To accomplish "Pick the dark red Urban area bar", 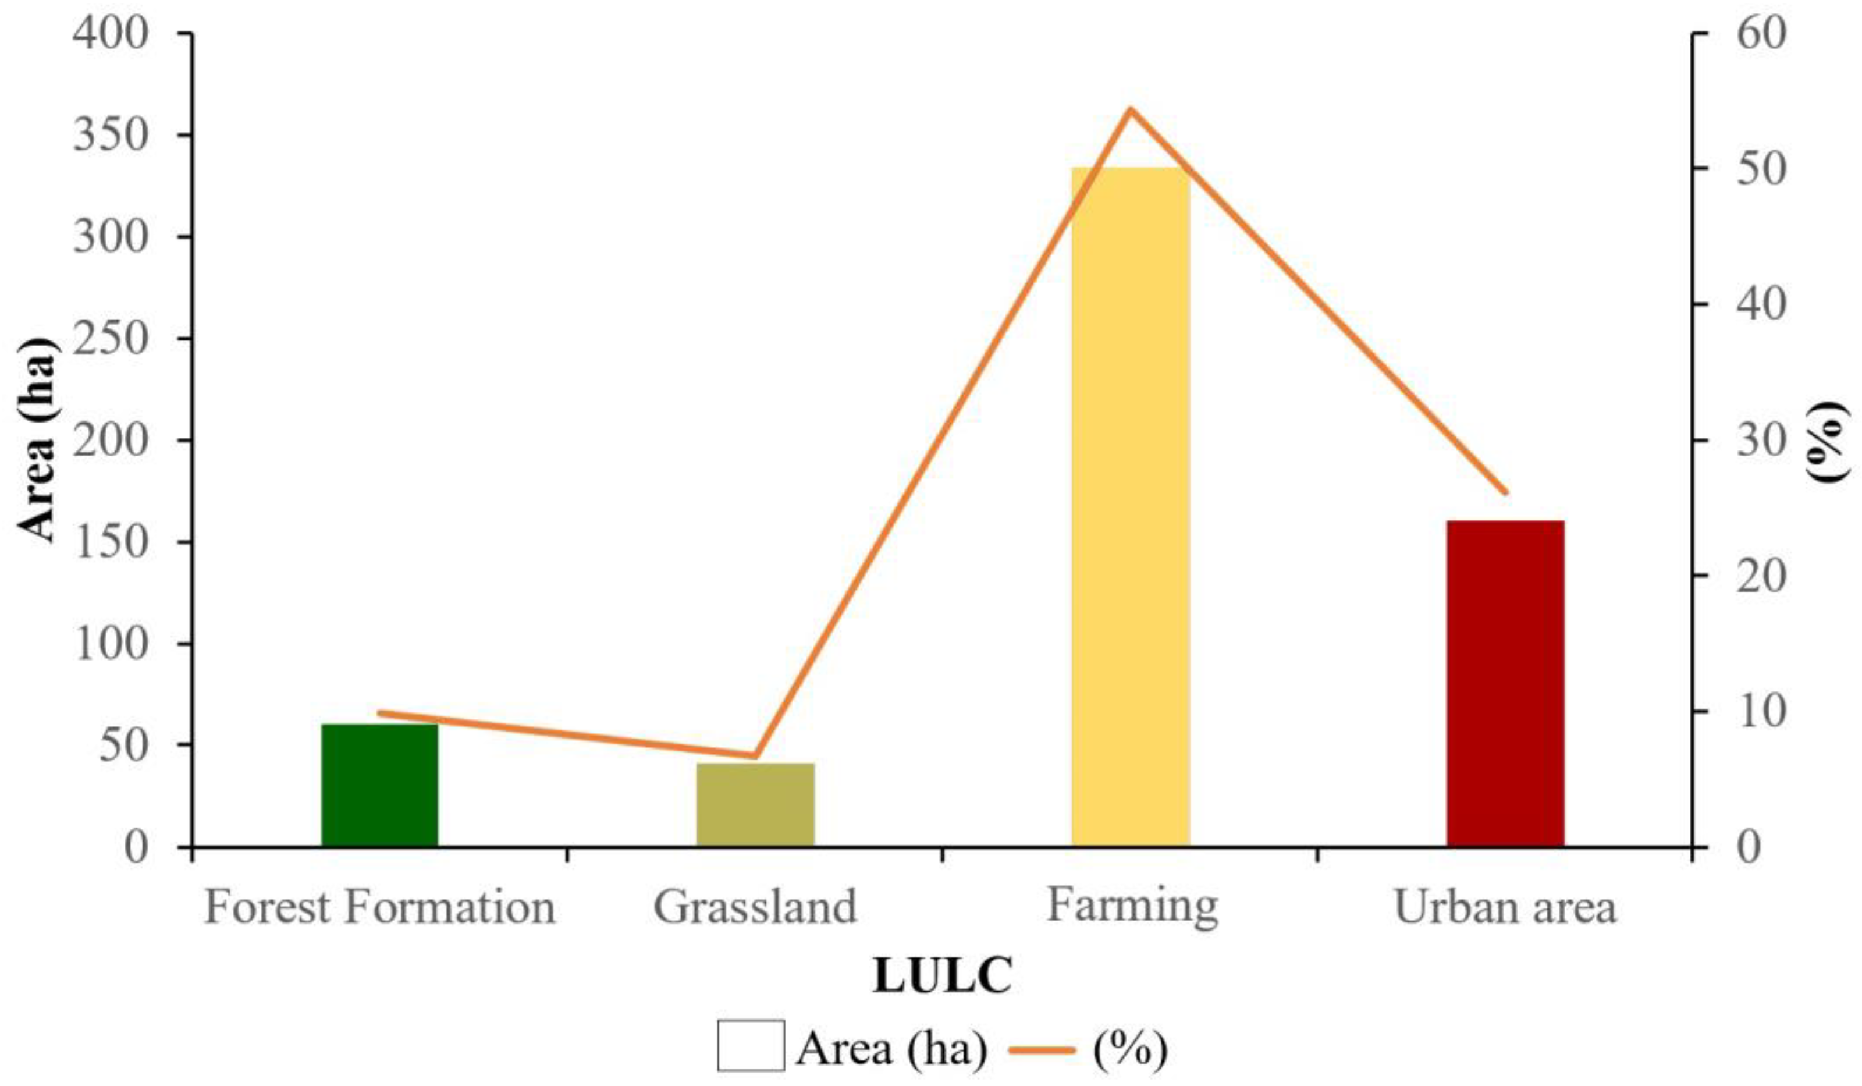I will [1505, 683].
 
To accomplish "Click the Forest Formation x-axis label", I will [379, 907].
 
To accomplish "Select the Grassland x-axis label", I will [755, 907].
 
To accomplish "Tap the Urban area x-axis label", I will [1505, 907].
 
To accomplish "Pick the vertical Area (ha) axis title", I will [37, 441].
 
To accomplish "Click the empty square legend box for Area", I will [751, 1045].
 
